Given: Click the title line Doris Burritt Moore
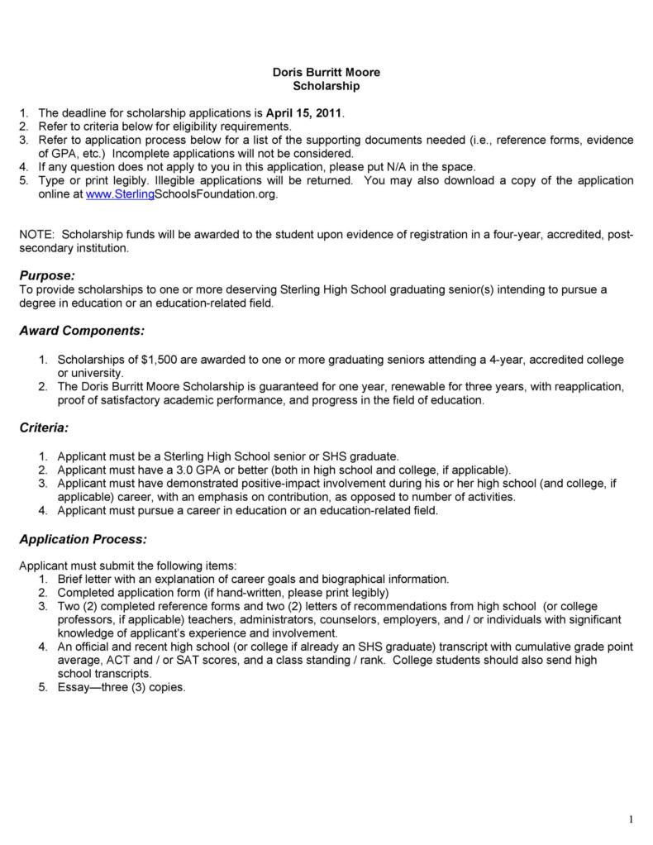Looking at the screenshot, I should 326,73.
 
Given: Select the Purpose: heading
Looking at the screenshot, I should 47,274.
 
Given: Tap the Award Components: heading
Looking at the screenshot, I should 82,331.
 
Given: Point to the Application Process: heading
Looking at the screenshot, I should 83,539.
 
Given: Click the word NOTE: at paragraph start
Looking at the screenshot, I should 36,235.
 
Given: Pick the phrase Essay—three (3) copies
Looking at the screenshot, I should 122,685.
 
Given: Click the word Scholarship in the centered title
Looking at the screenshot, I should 326,86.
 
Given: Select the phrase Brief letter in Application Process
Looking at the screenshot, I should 87,580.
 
